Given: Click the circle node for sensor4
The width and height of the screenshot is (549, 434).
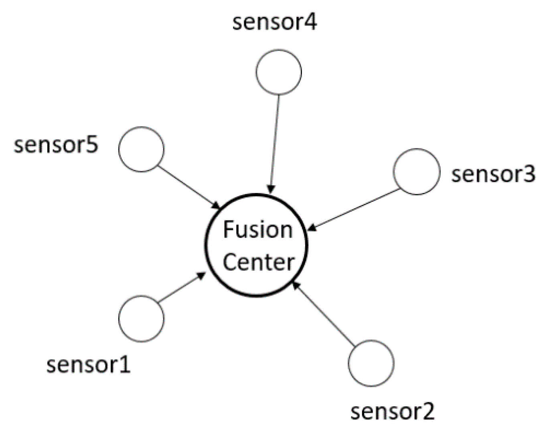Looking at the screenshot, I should (x=279, y=72).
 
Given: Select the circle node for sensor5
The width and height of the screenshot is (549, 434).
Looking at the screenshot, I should (x=141, y=149).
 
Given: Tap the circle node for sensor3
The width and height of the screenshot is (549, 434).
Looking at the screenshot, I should (x=417, y=172).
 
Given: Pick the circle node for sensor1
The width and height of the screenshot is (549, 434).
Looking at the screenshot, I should (x=141, y=318).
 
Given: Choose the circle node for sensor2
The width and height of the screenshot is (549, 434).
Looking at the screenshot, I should (x=371, y=363).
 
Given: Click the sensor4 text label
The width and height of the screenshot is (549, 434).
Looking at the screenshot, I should (x=275, y=22).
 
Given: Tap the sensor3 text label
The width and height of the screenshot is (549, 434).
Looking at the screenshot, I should (x=493, y=174).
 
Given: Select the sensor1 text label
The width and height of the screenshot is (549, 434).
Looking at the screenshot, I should (x=89, y=365).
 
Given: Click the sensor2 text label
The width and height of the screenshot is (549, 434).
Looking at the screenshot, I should (x=393, y=411).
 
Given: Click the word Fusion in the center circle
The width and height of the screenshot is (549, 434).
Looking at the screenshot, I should (x=257, y=230).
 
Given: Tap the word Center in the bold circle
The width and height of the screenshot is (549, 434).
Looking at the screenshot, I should (x=259, y=262).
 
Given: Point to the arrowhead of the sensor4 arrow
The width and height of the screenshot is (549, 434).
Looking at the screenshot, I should (x=272, y=189).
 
